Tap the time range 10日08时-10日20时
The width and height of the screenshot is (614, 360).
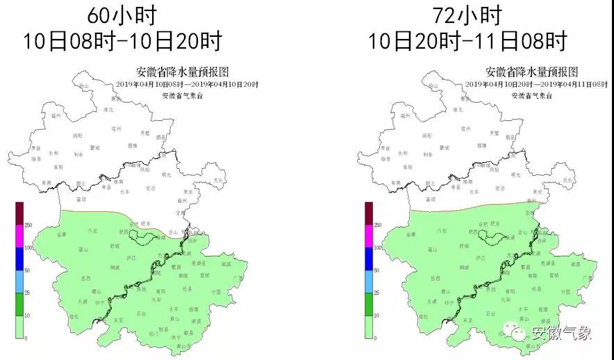[x=123, y=40]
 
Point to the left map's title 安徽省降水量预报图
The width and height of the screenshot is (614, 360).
[x=183, y=72]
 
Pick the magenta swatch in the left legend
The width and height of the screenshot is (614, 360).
[x=21, y=236]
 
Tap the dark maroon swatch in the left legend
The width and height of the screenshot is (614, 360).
[x=21, y=213]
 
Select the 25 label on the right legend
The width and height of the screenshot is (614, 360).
[x=376, y=293]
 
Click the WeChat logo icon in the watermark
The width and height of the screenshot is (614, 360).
[x=518, y=333]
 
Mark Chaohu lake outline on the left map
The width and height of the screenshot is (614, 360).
[x=144, y=237]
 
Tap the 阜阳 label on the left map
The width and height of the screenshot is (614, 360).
[x=58, y=167]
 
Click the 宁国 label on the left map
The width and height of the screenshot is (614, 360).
[x=216, y=292]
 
